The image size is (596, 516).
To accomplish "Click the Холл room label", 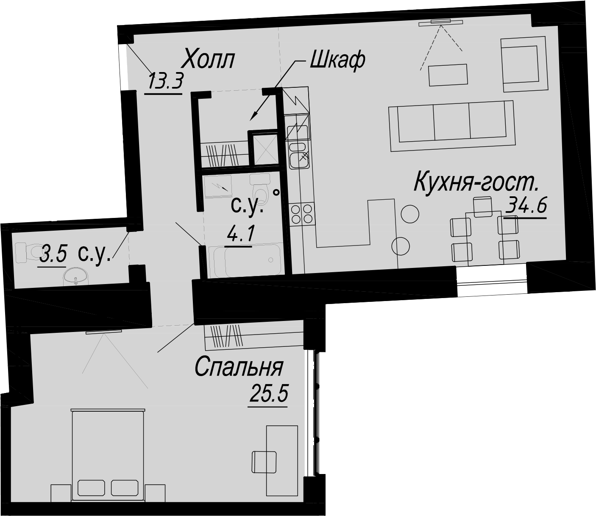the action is click(x=209, y=60).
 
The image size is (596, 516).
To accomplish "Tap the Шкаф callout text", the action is click(x=337, y=60).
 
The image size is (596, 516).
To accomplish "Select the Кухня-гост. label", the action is click(x=476, y=181).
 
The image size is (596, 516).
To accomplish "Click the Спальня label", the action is click(x=239, y=368).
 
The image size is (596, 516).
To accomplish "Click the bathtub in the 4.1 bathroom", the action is click(x=245, y=261).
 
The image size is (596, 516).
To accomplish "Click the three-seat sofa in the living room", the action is click(x=451, y=126).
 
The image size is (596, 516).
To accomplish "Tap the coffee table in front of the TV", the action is click(x=448, y=75).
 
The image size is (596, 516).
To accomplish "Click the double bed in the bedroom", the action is click(x=108, y=449).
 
